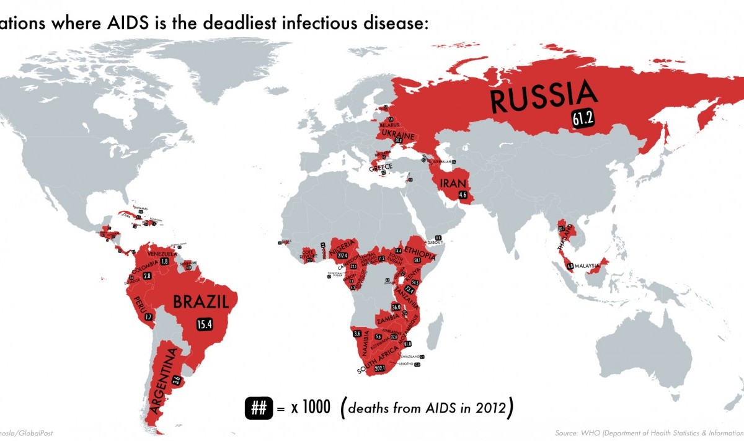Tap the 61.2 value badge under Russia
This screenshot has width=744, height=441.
pyautogui.click(x=583, y=120)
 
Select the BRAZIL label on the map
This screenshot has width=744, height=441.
pyautogui.click(x=197, y=303)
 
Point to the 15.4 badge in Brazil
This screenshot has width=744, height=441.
pyautogui.click(x=203, y=324)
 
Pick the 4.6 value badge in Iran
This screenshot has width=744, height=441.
pyautogui.click(x=462, y=195)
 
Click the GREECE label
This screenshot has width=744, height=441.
pyautogui.click(x=381, y=169)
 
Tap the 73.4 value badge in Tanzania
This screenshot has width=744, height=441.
pyautogui.click(x=409, y=290)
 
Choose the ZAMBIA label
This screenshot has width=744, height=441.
pyautogui.click(x=388, y=321)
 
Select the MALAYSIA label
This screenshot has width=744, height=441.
pyautogui.click(x=589, y=267)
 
